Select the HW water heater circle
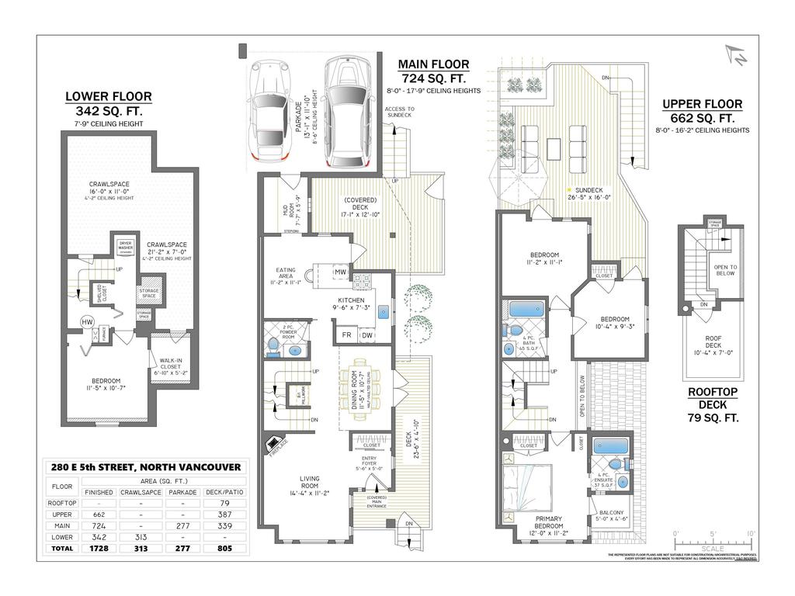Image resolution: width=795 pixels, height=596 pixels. tap(89, 321)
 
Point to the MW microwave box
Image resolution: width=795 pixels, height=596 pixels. tap(340, 272)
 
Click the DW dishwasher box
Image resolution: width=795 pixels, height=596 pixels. tap(366, 335)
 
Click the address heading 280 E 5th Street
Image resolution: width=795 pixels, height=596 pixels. tap(146, 467)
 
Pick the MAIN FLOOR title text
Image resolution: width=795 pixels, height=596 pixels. tap(433, 64)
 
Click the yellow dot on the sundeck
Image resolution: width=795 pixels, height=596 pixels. tap(569, 190)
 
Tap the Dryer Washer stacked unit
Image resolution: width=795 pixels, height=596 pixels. tap(126, 248)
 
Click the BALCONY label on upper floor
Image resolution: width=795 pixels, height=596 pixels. tap(610, 513)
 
